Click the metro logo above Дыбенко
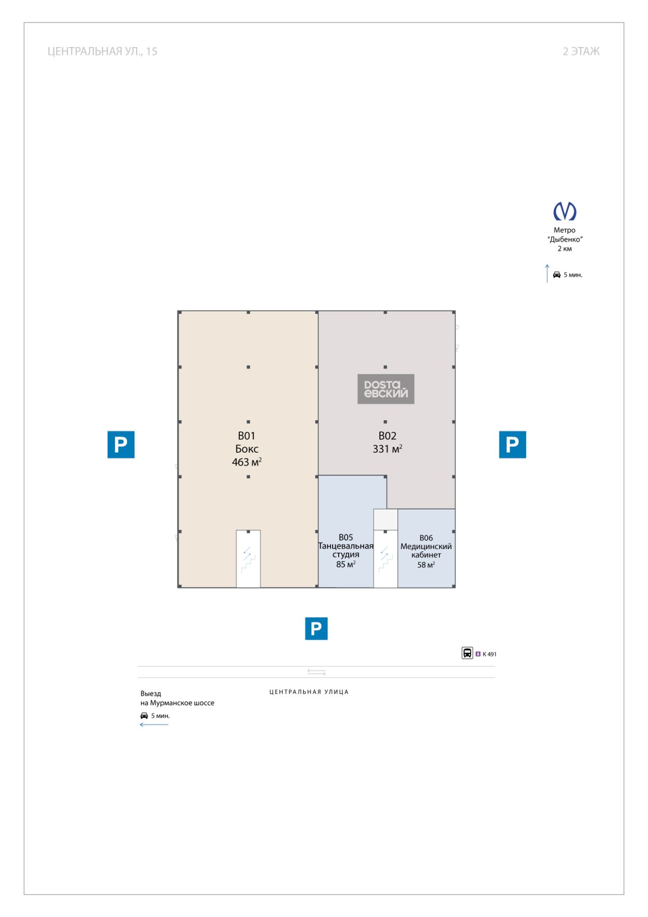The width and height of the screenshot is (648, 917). (x=564, y=211)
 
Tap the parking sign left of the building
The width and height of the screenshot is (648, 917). (x=121, y=444)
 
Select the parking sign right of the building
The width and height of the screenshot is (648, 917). (x=512, y=444)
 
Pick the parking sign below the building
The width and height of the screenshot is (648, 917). (x=316, y=628)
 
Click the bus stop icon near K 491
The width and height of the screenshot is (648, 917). (x=467, y=653)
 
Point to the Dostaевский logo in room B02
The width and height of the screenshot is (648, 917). (x=386, y=389)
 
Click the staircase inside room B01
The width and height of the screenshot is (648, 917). (x=248, y=559)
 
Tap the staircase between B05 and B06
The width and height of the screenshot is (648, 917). (x=385, y=559)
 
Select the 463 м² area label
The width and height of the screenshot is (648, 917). (x=247, y=462)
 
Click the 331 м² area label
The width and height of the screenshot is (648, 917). (x=387, y=449)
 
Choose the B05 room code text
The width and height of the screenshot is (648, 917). (x=346, y=537)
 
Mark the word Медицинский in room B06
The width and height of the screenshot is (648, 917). (x=426, y=546)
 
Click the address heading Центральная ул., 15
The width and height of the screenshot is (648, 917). (x=102, y=51)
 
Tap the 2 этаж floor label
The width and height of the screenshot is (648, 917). (x=581, y=51)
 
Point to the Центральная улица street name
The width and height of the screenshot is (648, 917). (x=309, y=692)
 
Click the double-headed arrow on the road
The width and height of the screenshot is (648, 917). (x=316, y=672)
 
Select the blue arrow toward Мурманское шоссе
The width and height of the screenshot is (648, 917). (x=154, y=724)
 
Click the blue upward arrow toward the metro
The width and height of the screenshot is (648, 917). (x=547, y=273)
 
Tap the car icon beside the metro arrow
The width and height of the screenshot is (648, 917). (x=557, y=275)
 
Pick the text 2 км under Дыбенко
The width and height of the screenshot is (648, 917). (x=564, y=248)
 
